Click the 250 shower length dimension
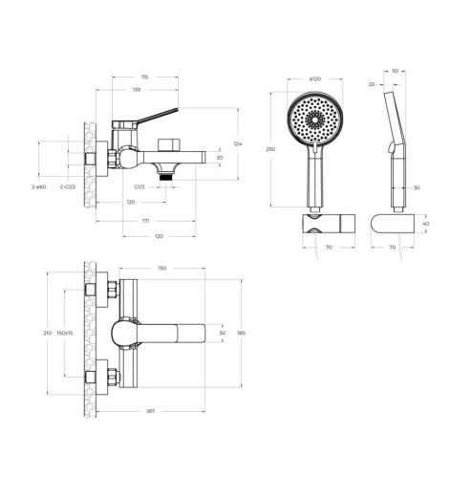pyautogui.click(x=272, y=149)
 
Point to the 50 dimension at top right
pyautogui.click(x=396, y=71)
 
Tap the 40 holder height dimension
pyautogui.click(x=425, y=224)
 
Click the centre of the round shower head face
pyautogui.click(x=314, y=119)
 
